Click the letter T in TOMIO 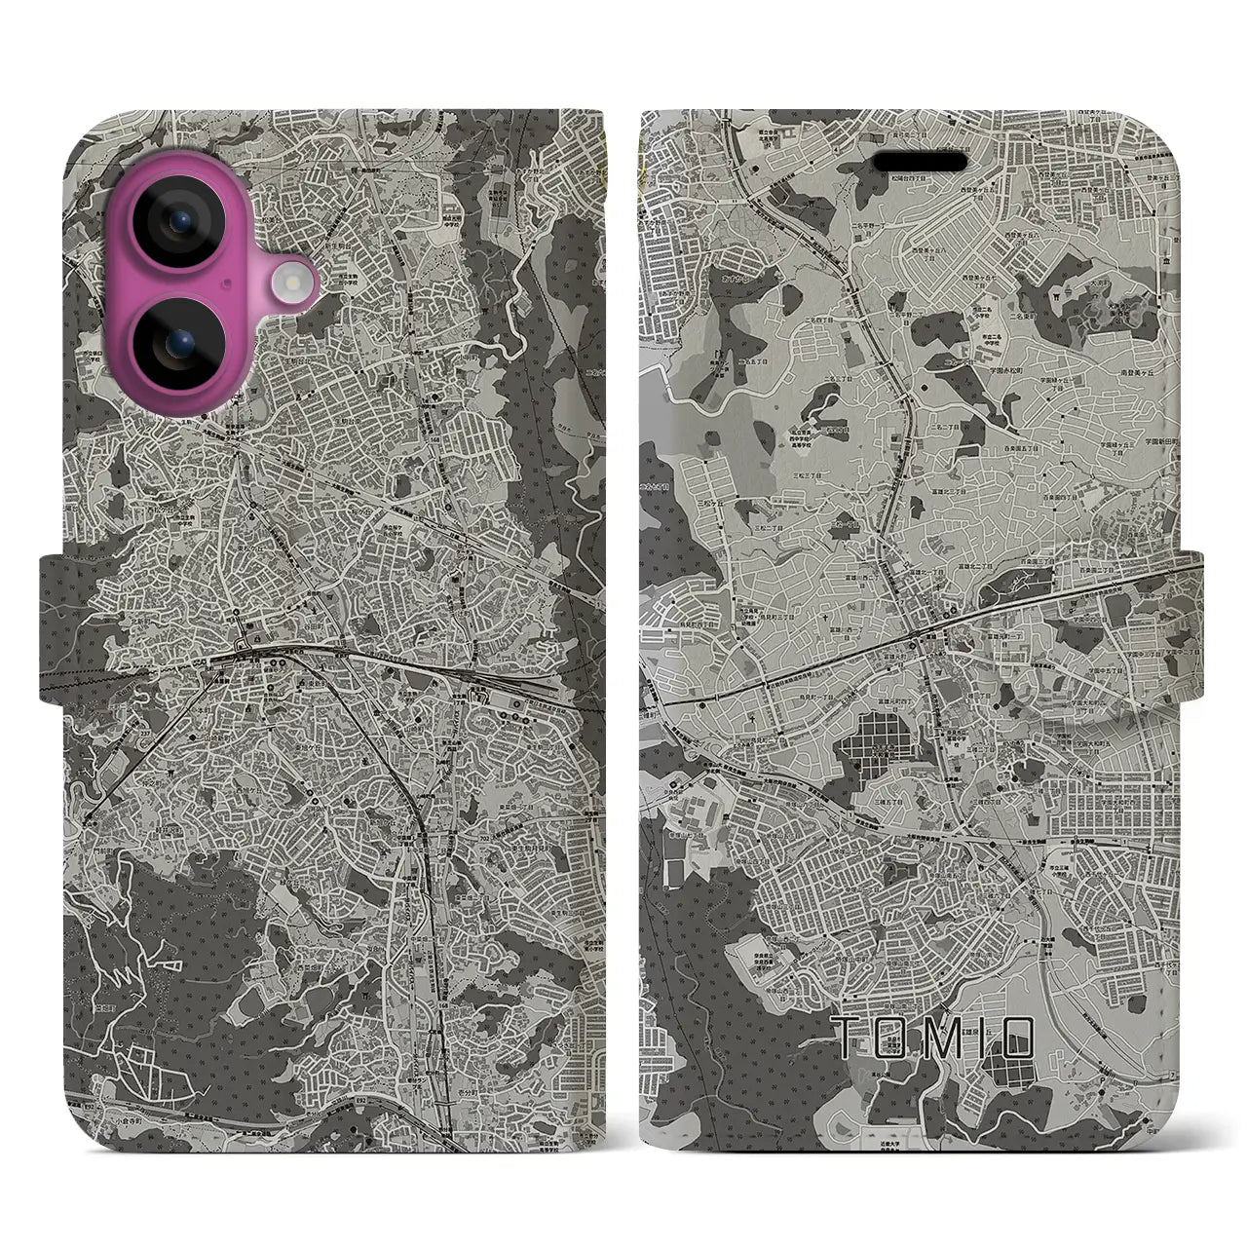pos(849,1039)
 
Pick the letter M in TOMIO pos(939,1039)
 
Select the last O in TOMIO pos(1018,1039)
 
